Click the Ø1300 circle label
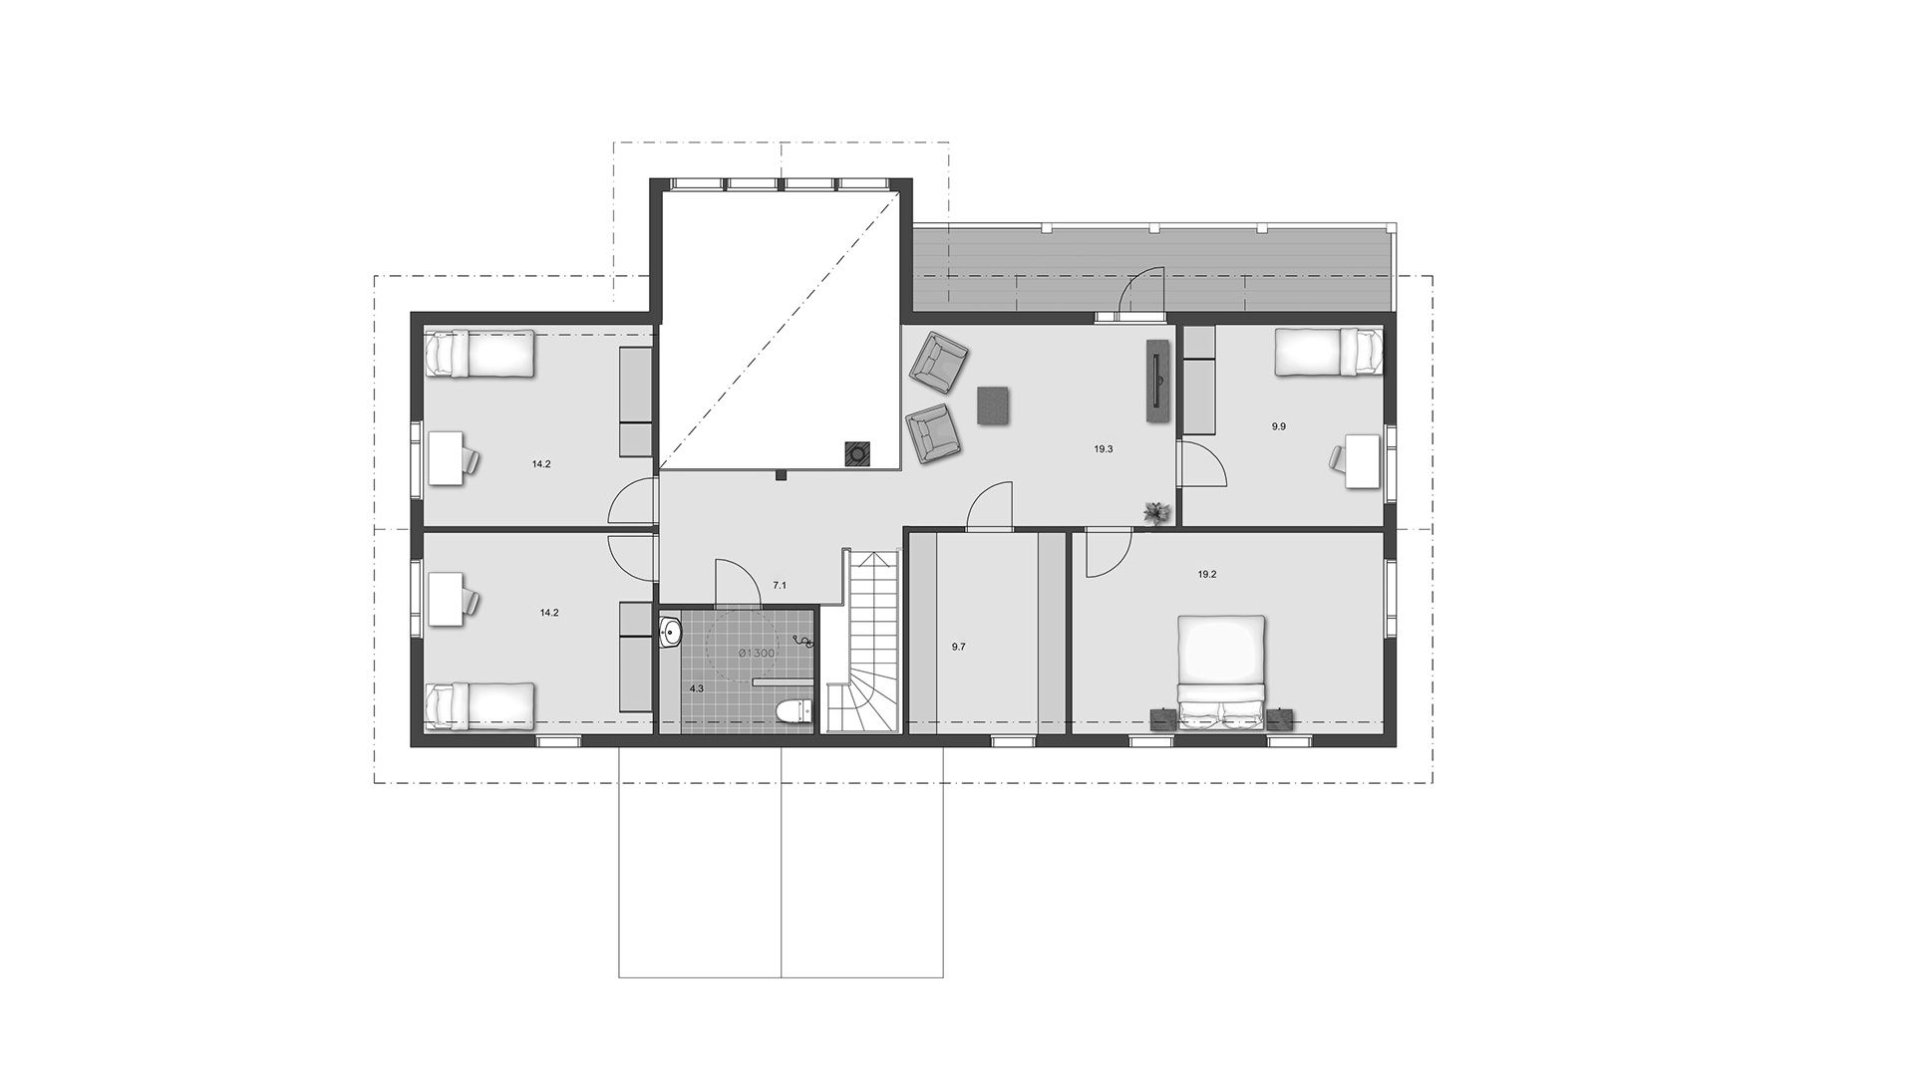click(757, 652)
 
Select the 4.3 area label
click(696, 688)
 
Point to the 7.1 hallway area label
click(780, 586)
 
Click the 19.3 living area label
click(1104, 449)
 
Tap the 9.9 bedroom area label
click(1279, 426)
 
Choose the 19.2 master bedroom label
click(1207, 575)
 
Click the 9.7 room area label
click(958, 647)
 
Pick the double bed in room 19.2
click(1222, 673)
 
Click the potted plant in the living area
click(1155, 512)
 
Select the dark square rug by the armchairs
click(995, 405)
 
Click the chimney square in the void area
click(856, 454)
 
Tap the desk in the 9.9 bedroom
click(1364, 460)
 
